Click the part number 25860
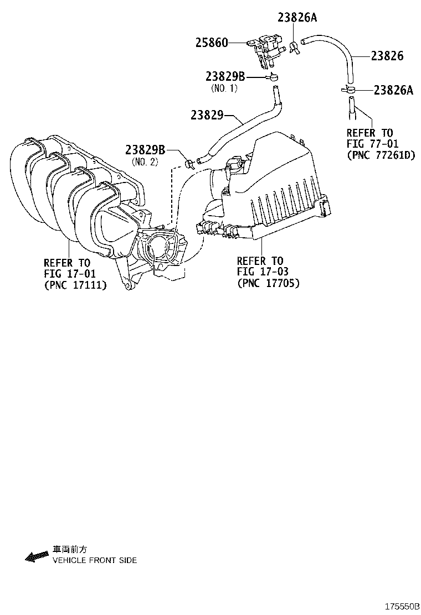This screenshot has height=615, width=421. (x=212, y=43)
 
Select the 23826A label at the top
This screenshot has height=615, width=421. (x=297, y=17)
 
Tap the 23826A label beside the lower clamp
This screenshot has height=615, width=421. (x=393, y=90)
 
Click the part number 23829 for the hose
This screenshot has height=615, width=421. (x=207, y=115)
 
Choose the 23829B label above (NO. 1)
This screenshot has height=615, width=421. (x=225, y=77)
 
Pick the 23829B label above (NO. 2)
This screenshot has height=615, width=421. (x=145, y=149)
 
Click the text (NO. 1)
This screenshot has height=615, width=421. (x=224, y=88)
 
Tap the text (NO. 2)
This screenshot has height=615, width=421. (x=145, y=161)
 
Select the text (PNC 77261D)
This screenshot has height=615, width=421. (x=381, y=155)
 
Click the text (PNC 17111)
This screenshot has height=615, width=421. (x=75, y=284)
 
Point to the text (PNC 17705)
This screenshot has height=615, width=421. (x=268, y=283)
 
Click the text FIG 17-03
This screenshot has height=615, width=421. (x=263, y=272)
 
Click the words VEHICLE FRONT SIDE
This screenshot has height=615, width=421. (x=94, y=560)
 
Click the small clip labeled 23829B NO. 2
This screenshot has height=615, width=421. (x=190, y=163)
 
